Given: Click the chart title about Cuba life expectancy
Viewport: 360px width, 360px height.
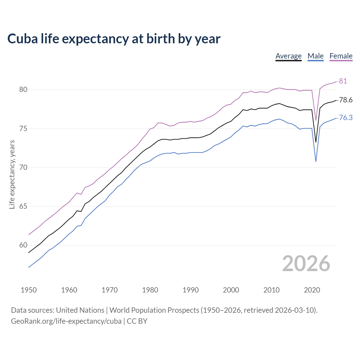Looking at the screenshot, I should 114,39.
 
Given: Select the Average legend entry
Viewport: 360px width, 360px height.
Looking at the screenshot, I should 288,56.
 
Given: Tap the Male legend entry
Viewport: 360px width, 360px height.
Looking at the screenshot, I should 316,56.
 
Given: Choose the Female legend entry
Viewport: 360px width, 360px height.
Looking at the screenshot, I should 341,56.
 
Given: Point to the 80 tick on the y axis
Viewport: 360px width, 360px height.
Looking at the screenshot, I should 23,90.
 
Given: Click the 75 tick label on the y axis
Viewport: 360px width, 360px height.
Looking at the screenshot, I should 23,129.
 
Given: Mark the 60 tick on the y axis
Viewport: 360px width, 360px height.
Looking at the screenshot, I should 23,245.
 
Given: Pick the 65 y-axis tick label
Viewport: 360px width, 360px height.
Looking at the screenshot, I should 23,206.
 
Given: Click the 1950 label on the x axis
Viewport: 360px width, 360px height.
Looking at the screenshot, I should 29,290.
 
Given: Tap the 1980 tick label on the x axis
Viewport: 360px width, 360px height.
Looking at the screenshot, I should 150,290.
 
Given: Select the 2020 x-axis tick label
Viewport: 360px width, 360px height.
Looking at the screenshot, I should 312,290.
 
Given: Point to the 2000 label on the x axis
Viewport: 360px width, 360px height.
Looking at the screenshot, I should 231,290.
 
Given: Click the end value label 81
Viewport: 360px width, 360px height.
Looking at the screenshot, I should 343,81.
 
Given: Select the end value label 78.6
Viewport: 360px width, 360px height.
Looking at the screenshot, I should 346,100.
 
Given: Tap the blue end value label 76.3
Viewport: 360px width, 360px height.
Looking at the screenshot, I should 346,118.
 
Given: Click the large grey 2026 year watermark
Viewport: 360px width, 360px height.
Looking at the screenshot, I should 306,264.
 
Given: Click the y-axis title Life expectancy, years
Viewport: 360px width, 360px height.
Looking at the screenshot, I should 12,174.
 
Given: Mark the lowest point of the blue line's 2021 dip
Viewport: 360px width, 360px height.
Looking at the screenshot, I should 316,161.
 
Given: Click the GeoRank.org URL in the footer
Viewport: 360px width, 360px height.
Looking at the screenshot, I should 66,321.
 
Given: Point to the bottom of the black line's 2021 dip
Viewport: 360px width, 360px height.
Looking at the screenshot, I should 316,142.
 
